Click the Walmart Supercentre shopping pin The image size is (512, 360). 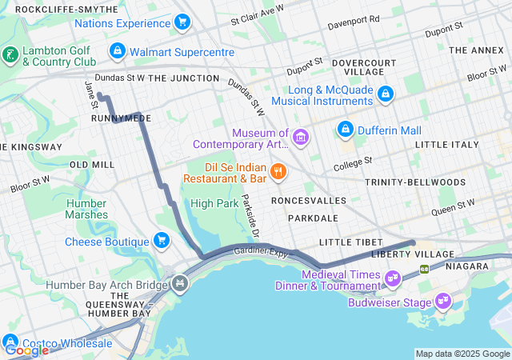[x=118, y=52]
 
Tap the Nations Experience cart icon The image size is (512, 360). [x=182, y=22]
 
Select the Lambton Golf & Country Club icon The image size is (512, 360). [x=10, y=55]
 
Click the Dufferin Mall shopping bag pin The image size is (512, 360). [x=346, y=128]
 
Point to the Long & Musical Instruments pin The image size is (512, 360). [x=386, y=94]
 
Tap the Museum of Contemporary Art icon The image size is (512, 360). [x=301, y=138]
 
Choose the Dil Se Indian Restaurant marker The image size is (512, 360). [x=278, y=170]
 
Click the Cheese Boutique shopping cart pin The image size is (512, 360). [x=162, y=241]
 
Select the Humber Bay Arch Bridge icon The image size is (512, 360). [x=180, y=284]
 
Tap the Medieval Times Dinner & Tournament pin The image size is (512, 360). [x=392, y=278]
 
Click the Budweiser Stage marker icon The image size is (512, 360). [x=442, y=302]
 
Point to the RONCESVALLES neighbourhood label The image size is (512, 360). [x=308, y=200]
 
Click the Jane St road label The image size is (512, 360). [x=90, y=94]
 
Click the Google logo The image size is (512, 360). [x=26, y=350]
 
